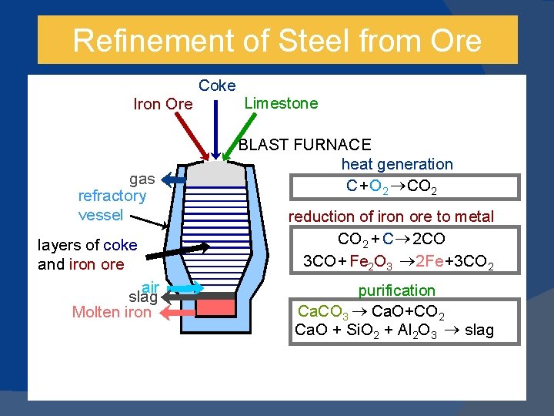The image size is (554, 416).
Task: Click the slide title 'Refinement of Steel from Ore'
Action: coord(277,40)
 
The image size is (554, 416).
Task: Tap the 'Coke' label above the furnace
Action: coord(217,86)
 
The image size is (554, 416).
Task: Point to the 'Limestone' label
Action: coord(280,103)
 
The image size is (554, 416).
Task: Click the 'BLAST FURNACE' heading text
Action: coord(305,144)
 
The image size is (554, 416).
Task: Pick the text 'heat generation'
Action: coord(397,163)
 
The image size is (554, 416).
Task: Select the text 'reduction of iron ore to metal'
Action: coord(391,216)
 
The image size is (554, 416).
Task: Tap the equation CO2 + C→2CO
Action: coord(392,239)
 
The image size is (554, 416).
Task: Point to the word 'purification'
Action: coord(396,290)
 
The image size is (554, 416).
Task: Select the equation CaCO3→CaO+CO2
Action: coord(370,312)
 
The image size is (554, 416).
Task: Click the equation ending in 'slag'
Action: coord(394,331)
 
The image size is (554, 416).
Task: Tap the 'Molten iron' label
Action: coord(112,312)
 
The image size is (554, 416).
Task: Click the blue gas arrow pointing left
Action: coord(173,179)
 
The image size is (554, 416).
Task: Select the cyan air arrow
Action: coord(184,288)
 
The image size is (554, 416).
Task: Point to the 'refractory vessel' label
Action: coord(112,205)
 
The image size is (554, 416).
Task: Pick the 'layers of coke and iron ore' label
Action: coord(87,254)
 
